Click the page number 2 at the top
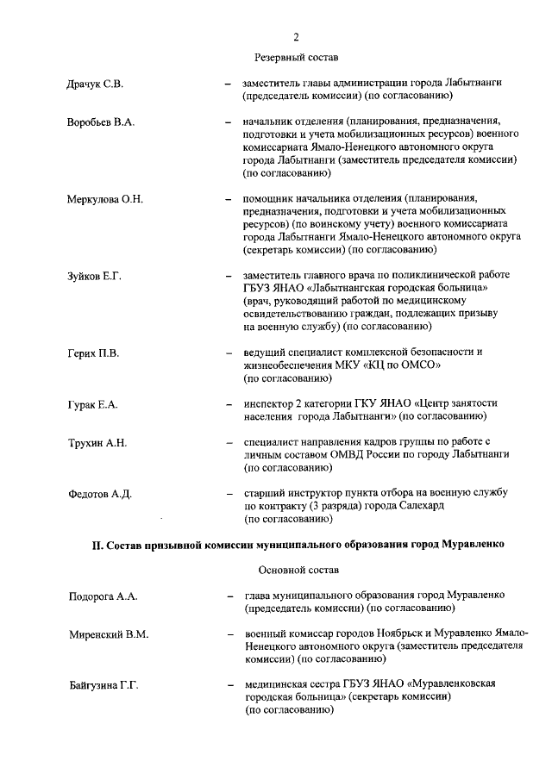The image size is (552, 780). tap(296, 36)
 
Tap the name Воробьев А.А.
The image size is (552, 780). tap(101, 122)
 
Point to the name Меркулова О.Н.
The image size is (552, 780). tap(105, 199)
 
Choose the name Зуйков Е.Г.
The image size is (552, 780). tap(94, 276)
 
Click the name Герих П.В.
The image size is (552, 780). tap(93, 353)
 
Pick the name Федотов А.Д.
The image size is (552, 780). tap(99, 494)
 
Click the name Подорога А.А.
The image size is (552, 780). tap(103, 596)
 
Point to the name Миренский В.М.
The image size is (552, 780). tap(109, 635)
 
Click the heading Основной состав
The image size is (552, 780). tap(298, 571)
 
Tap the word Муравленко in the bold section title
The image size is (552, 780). tap(473, 546)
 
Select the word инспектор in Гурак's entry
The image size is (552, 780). tap(270, 403)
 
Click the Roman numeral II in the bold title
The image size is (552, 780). tap(97, 546)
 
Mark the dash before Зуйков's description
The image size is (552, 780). tap(228, 276)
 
